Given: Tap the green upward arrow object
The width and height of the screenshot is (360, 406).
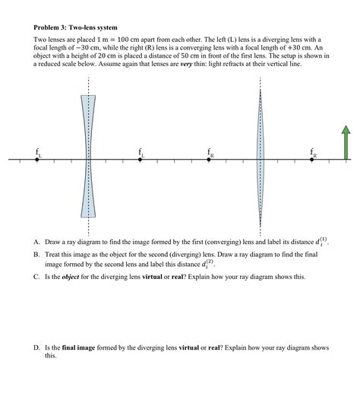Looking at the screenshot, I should (346, 144).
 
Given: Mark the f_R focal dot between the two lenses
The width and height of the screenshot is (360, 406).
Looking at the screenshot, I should (210, 160).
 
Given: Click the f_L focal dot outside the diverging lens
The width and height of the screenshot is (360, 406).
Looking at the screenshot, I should (37, 160).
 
